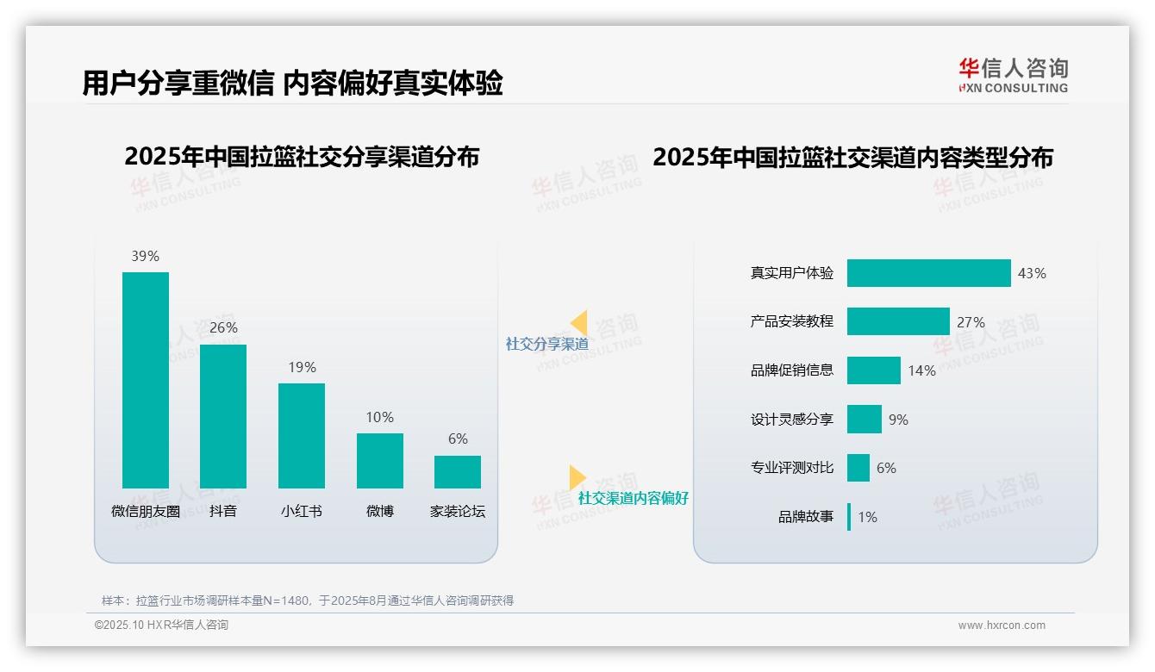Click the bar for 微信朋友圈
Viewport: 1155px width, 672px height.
click(x=146, y=380)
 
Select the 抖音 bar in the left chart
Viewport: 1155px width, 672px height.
click(x=223, y=416)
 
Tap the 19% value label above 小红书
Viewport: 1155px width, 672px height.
click(x=302, y=367)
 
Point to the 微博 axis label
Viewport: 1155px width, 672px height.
click(x=379, y=511)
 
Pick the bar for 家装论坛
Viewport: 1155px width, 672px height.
click(x=458, y=472)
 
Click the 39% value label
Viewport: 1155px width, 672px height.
click(x=145, y=256)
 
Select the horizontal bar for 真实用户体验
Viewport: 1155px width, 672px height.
click(x=928, y=273)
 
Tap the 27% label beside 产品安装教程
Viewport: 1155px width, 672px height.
click(x=971, y=322)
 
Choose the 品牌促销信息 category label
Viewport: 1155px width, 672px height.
click(x=792, y=370)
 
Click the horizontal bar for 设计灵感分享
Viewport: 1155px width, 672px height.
click(x=865, y=420)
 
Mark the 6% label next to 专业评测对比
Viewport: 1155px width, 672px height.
click(x=886, y=468)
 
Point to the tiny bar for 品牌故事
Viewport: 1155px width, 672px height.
click(x=849, y=517)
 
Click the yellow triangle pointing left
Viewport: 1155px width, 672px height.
click(x=579, y=323)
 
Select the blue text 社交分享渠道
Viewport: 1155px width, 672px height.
click(x=547, y=344)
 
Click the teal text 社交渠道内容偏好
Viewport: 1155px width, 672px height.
click(x=634, y=498)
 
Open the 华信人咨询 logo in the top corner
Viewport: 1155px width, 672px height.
click(x=1014, y=76)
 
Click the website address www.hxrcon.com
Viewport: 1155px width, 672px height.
click(x=1002, y=625)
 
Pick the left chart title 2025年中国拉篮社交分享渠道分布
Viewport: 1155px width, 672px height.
click(x=302, y=158)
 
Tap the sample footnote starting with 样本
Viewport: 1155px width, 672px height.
click(x=308, y=600)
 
